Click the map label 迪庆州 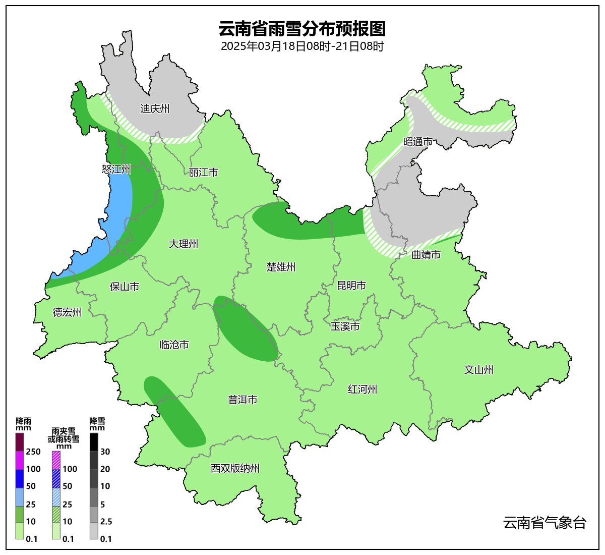coord(155,108)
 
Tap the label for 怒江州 coord(116,169)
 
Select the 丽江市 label coord(203,173)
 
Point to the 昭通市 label coord(418,142)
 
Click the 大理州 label coord(183,244)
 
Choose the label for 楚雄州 coord(281,267)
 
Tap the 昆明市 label coord(351,286)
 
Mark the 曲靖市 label coord(426,255)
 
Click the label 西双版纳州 coord(235,468)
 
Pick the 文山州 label coord(478,370)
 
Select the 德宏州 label coord(67,312)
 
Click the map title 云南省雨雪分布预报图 coord(302,29)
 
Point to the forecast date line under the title coord(302,46)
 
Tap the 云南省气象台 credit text coord(544,523)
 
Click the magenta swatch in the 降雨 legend coord(20,460)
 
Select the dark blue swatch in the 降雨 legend coord(20,478)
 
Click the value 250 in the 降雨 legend coord(33,452)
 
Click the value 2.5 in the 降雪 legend coord(106,522)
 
